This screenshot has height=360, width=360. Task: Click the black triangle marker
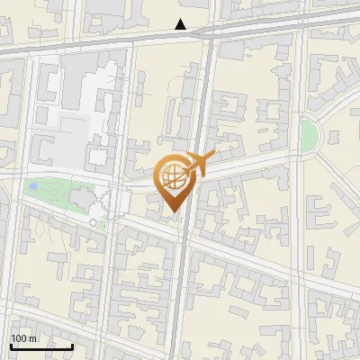(182, 24)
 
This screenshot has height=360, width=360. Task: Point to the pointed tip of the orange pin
(173, 212)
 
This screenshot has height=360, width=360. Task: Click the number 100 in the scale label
(18, 337)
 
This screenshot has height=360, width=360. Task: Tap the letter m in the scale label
(32, 337)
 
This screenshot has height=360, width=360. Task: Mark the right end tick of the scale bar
(73, 346)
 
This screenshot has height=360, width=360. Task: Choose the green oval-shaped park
(310, 135)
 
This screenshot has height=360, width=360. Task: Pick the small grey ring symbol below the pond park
(93, 221)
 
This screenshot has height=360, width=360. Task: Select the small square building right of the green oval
(334, 137)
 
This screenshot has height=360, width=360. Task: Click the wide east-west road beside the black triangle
(108, 41)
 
